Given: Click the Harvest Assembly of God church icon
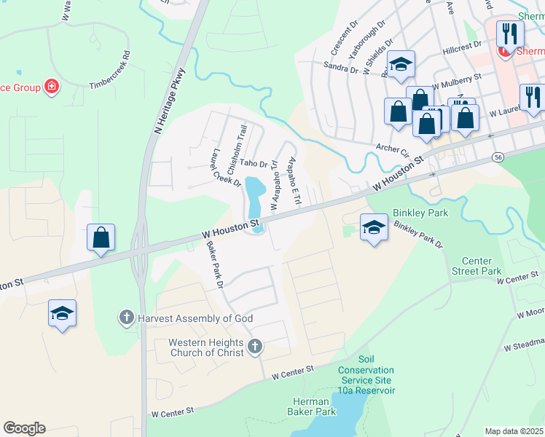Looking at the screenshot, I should pos(126,318).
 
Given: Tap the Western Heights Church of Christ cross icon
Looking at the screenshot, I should pos(255,347).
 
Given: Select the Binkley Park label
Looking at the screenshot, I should pos(420,213).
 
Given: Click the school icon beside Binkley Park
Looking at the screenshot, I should pos(374,227).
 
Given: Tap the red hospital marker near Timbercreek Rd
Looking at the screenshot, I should pos(51,88).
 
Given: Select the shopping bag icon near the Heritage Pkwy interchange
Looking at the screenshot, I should pos(101,237).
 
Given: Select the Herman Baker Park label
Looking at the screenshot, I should pos(314,406).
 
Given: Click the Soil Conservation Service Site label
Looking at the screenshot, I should pos(366,375).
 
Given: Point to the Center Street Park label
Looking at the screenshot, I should pos(482,266).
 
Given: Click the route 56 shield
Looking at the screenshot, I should pos(498,156).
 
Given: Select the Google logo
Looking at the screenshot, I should pos(24,428).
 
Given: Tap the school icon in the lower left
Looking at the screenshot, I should pos(63,314).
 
